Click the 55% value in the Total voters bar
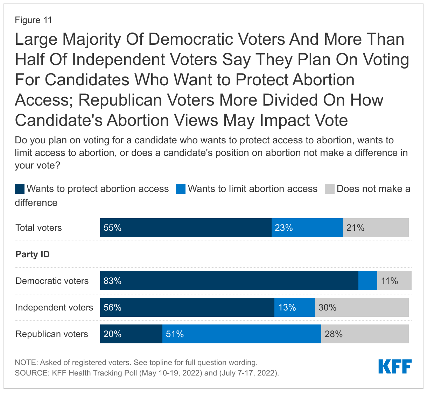coord(112,228)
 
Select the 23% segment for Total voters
coord(307,228)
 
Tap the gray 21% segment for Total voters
coord(376,228)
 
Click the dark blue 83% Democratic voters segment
coord(229,281)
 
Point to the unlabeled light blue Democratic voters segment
coord(368,281)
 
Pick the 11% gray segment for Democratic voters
coord(394,281)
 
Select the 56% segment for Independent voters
coord(187,307)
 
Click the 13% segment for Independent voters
coord(294,307)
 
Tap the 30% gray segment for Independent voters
coord(362,307)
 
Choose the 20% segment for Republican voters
coord(131,334)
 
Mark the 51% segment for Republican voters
coord(241,334)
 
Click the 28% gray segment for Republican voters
coord(365,334)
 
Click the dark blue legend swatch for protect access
coord(20,189)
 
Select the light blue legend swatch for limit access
coord(181,189)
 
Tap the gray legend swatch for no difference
coord(330,189)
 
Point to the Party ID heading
coord(33,254)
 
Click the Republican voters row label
coord(52,334)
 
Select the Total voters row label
coord(38,228)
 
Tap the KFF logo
coord(395,366)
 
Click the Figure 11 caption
coord(33,20)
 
